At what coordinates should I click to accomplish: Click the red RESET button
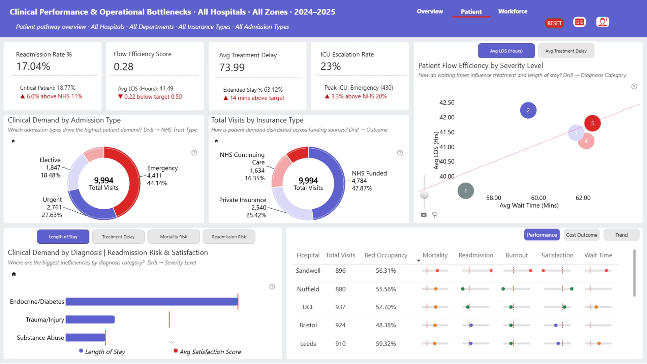(554, 23)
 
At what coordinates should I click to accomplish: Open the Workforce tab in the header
(513, 11)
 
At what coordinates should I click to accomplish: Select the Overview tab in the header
(430, 11)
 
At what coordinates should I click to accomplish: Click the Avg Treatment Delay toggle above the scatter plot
(566, 51)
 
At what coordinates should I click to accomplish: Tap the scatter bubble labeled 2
(528, 110)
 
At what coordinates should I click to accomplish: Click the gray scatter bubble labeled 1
(466, 191)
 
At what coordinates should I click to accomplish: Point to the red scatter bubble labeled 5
(592, 123)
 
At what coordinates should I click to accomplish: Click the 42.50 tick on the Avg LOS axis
(447, 102)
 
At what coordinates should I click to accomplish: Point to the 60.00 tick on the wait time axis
(538, 198)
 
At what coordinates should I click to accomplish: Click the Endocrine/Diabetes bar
(152, 302)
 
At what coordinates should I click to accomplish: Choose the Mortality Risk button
(174, 237)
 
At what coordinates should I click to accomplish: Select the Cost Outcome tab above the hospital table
(582, 235)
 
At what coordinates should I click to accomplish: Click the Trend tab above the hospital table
(621, 235)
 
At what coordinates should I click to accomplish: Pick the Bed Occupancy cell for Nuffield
(386, 289)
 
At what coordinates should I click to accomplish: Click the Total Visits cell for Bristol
(340, 325)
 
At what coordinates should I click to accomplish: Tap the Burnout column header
(517, 255)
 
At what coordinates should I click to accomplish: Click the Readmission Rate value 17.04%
(33, 66)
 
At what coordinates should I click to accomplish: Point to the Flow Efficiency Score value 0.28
(124, 67)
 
